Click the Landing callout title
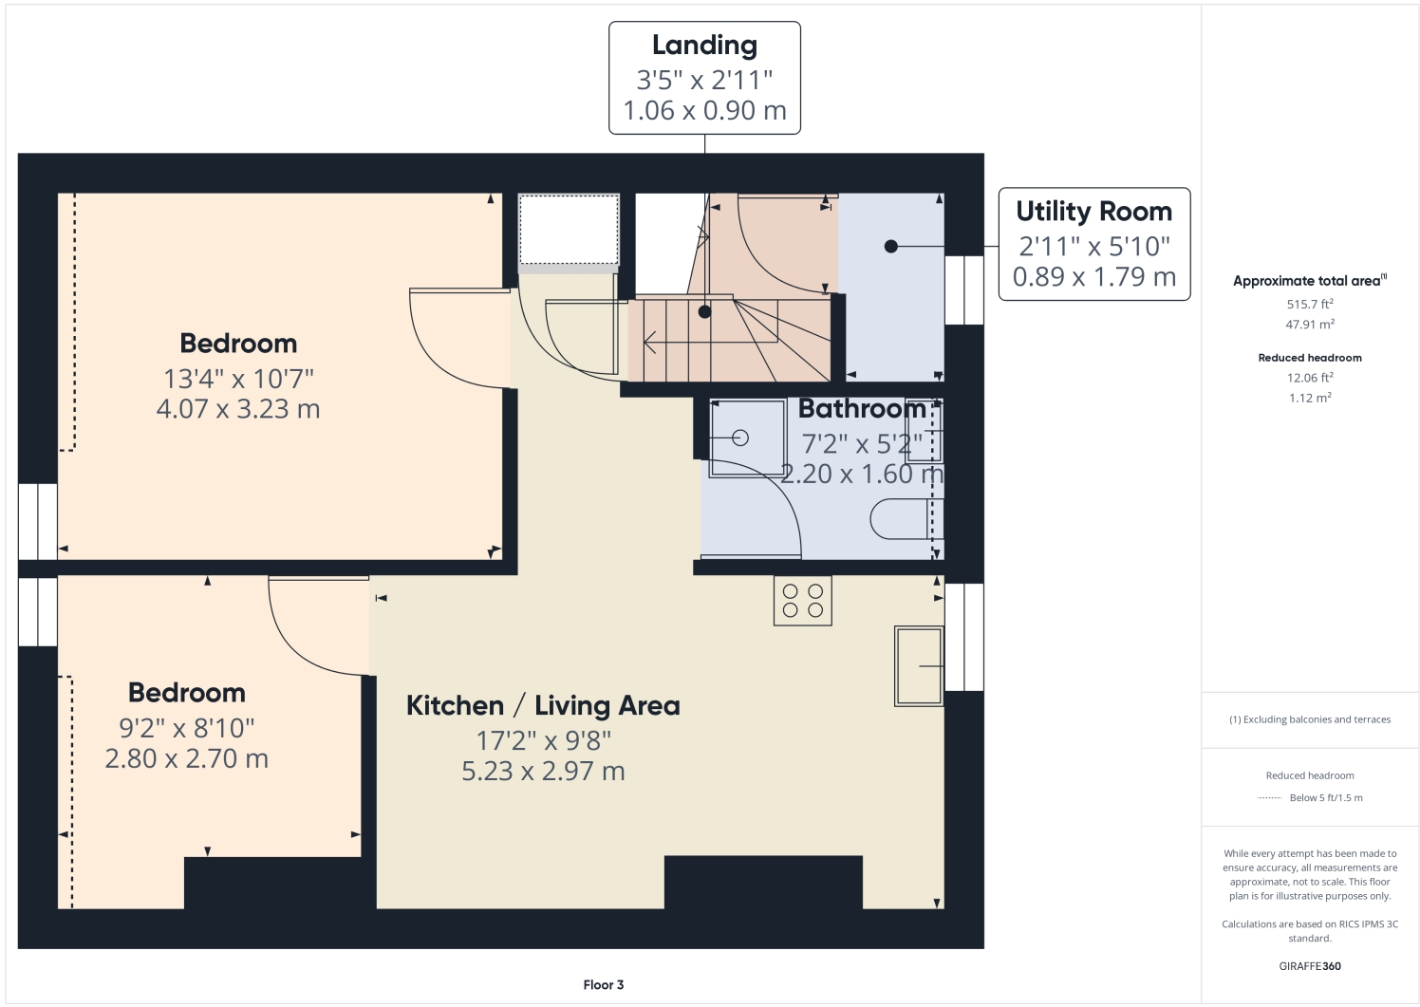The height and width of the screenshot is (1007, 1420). point(704,46)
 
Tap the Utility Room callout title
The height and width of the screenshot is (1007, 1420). point(1093,212)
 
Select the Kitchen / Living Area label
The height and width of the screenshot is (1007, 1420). point(543,706)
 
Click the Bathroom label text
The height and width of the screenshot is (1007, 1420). point(862,409)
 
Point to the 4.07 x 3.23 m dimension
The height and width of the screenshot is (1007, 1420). point(238,410)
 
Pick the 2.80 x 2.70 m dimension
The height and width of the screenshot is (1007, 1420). point(187,759)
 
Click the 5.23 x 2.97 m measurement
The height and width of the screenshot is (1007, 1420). point(543,772)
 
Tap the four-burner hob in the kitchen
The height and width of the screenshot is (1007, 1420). point(802,601)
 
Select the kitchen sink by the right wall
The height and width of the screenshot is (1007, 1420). point(919,665)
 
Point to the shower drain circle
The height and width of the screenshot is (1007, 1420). point(740,438)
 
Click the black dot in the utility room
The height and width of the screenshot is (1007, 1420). point(890,247)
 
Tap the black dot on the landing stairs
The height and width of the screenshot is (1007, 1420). point(704,311)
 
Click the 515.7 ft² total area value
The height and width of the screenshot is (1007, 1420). point(1310,305)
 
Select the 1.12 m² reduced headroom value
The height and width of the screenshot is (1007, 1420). point(1310,398)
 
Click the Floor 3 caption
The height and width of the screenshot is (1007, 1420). point(604,985)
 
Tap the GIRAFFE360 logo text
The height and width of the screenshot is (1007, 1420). point(1310,966)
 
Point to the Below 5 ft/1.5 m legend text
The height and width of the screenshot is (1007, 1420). point(1325,798)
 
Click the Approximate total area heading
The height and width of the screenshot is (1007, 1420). point(1308,281)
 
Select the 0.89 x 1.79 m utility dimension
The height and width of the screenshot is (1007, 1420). point(1093,277)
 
